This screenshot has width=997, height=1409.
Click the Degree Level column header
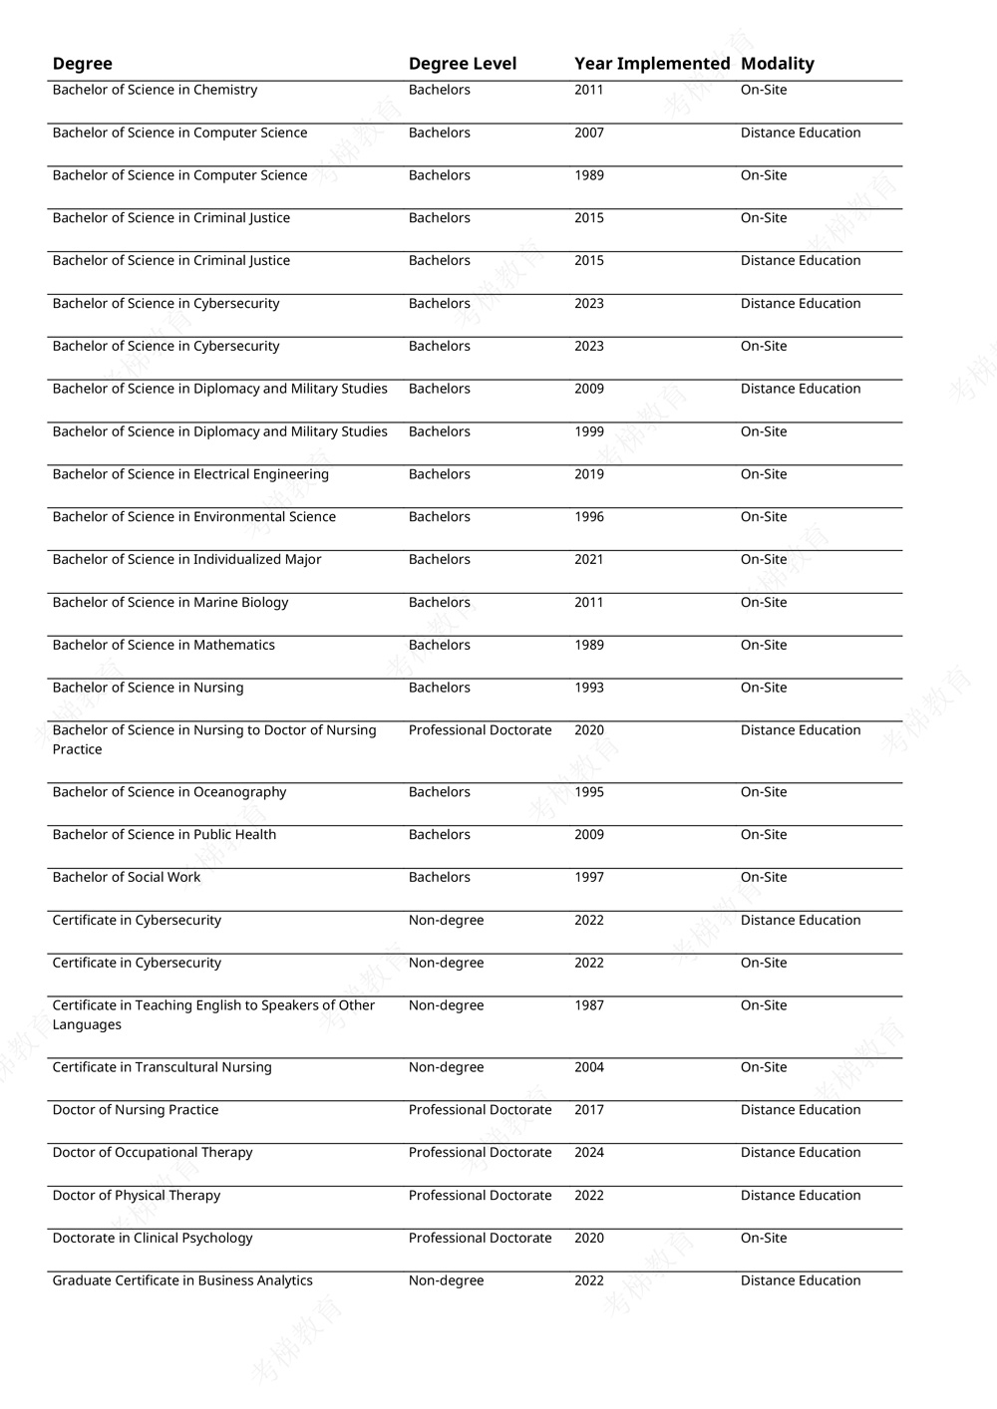pos(462,64)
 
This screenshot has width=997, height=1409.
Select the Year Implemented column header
pos(652,64)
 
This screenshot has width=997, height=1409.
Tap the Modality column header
pos(777,64)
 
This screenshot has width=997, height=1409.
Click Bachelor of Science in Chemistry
pos(155,90)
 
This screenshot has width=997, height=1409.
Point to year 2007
pos(588,133)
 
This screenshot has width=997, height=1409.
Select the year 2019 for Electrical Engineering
pos(588,474)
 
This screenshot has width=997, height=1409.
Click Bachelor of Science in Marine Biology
pos(169,602)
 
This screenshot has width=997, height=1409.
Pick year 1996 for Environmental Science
pos(588,517)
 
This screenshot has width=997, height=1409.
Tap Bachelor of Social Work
pos(126,877)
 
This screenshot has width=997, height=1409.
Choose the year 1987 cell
pos(588,1005)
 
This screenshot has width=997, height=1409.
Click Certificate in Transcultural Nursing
pos(162,1067)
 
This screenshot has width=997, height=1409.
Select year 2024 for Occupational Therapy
pos(588,1153)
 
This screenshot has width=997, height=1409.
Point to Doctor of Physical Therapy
pos(136,1196)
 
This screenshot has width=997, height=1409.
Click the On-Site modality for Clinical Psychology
pos(763,1239)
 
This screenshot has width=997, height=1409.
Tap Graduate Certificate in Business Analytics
pos(182,1280)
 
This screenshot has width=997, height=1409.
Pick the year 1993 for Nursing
pos(588,688)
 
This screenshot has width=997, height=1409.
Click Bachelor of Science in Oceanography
pos(168,792)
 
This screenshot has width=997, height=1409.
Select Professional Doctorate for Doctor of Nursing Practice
pos(480,1110)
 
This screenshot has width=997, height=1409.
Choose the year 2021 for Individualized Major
pos(588,560)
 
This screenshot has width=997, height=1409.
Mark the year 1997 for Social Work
pos(588,877)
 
